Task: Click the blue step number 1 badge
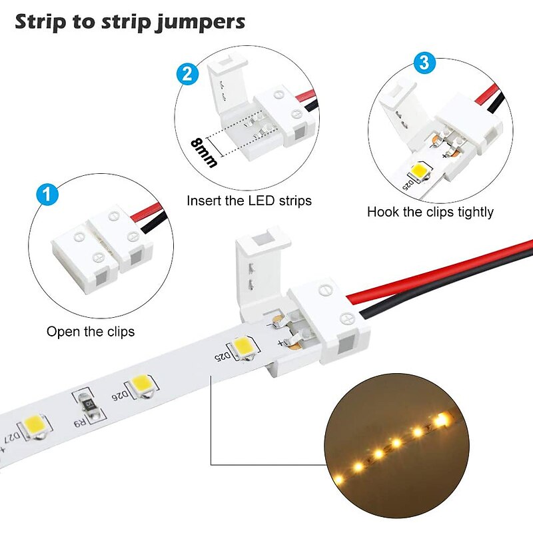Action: click(47, 194)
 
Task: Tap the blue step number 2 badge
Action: click(187, 74)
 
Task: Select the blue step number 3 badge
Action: click(424, 63)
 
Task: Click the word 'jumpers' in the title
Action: click(200, 23)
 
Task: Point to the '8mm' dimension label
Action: click(204, 153)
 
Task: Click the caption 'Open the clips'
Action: click(91, 332)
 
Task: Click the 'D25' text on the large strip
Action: click(223, 356)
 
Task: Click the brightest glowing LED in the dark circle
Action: click(441, 420)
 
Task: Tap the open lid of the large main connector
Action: click(263, 268)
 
